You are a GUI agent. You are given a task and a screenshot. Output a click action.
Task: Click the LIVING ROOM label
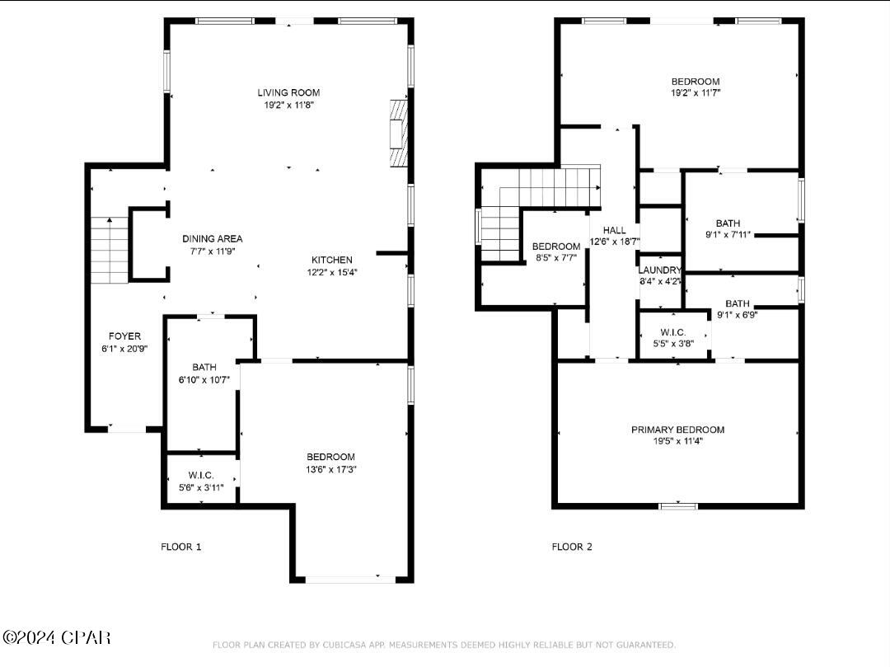(288, 92)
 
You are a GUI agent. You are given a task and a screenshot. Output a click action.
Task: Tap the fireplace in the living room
(399, 133)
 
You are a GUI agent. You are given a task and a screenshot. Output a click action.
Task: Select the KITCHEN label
(331, 260)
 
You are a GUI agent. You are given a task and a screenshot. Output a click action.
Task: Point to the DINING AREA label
(213, 239)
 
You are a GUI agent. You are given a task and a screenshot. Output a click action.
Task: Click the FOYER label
(124, 336)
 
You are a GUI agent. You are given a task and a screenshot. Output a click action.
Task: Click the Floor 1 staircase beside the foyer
(109, 249)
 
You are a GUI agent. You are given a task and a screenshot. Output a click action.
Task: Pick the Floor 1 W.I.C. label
(201, 476)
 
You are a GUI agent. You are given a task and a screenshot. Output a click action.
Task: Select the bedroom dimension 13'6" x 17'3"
(330, 469)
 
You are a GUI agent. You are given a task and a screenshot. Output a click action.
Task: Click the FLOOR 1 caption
(180, 547)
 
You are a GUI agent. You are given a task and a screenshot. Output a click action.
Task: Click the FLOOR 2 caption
(572, 547)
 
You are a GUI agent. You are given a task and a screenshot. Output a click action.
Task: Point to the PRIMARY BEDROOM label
(677, 430)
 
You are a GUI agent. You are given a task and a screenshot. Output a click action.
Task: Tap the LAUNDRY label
(659, 270)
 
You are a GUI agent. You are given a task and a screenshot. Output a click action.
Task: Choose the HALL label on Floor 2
(614, 230)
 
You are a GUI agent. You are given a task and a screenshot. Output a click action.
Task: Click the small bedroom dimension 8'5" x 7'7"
(555, 257)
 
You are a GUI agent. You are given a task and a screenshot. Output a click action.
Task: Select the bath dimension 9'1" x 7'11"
(728, 234)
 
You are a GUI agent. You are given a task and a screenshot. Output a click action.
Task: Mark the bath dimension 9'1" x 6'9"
(737, 314)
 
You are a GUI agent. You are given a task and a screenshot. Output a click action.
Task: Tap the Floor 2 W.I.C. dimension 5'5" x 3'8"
(672, 343)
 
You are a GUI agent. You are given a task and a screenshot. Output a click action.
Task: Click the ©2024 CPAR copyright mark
(56, 637)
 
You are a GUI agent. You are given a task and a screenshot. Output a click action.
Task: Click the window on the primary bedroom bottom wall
(678, 505)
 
